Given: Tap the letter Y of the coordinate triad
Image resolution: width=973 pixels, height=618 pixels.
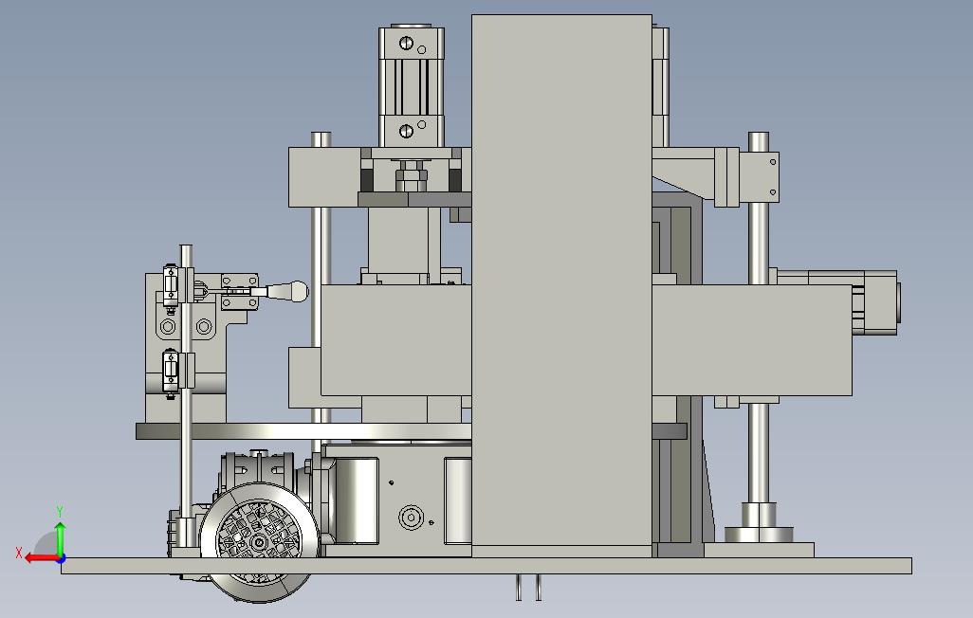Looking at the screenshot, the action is coord(60,512).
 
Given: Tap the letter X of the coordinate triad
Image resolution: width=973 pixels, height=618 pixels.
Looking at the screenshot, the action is coord(19,553).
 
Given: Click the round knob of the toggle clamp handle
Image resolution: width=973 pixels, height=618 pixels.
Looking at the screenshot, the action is coord(296,290).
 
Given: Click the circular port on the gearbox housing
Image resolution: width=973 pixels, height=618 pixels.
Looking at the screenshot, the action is coord(411,517).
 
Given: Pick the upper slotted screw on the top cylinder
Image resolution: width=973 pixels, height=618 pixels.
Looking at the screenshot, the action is coord(407,43).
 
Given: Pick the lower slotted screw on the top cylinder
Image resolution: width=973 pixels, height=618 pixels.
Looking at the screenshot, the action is coord(407,131).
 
